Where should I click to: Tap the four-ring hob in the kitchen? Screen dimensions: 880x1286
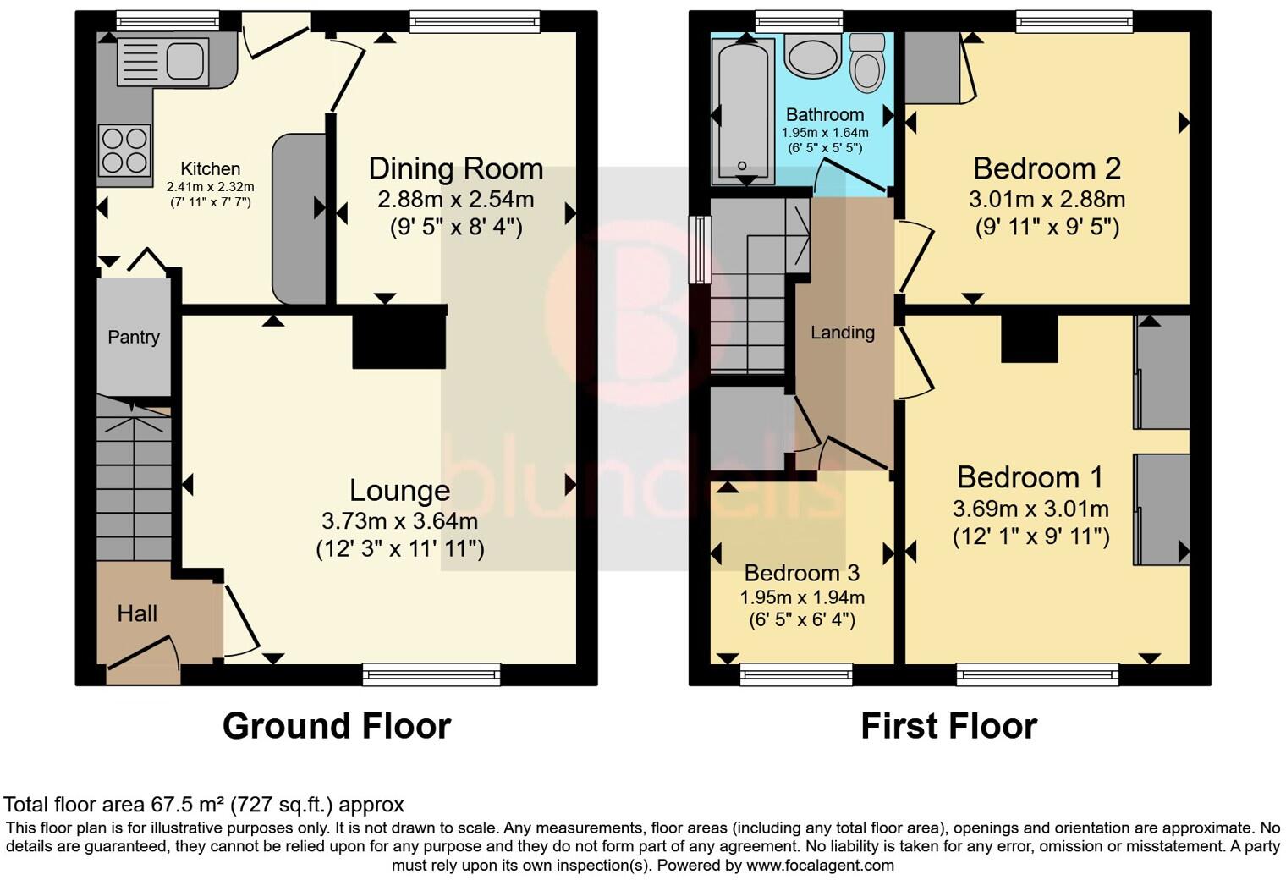[124, 150]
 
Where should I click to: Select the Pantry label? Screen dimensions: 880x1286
[134, 337]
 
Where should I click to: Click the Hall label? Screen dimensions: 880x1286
[137, 613]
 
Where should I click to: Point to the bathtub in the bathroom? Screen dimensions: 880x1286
[742, 109]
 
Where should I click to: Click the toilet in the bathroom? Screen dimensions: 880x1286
[866, 63]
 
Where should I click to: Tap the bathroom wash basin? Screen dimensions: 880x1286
[812, 56]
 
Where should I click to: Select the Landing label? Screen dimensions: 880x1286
[842, 333]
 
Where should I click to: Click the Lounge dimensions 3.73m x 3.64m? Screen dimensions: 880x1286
[399, 521]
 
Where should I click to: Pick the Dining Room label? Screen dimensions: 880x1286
[455, 168]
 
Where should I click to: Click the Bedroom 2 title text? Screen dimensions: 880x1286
[1047, 168]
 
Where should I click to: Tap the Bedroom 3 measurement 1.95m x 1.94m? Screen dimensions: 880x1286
[802, 597]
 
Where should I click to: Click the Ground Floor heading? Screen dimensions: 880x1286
[336, 726]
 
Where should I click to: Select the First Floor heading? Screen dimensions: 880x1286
[948, 726]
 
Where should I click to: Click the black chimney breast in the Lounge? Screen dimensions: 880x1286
[399, 337]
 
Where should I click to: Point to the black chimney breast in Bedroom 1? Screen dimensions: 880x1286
[1030, 338]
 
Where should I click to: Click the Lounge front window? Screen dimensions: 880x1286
[431, 674]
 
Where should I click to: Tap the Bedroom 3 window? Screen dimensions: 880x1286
[796, 674]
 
